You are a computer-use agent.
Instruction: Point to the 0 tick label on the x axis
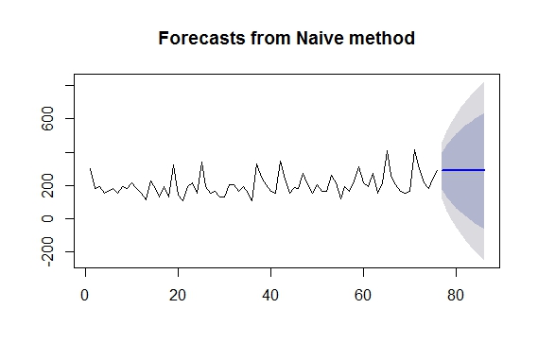click(x=85, y=296)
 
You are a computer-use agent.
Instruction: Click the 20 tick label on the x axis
click(x=178, y=296)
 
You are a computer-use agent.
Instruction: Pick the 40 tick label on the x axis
click(x=270, y=296)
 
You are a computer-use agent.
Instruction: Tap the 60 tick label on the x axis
click(x=363, y=296)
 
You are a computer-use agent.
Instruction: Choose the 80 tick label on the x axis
click(x=456, y=296)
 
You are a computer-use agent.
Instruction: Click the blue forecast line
click(x=463, y=170)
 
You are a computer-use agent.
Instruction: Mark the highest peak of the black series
click(x=414, y=149)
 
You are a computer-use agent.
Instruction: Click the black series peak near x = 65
click(x=387, y=151)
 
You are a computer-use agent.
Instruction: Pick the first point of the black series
click(x=90, y=168)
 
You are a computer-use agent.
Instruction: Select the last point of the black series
click(x=438, y=170)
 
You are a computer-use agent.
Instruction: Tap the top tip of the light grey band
click(x=484, y=82)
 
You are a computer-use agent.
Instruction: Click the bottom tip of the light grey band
click(x=484, y=258)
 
